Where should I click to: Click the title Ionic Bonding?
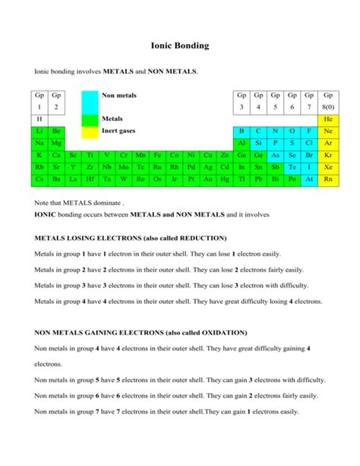pyautogui.click(x=179, y=46)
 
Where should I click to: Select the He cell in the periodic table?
pyautogui.click(x=328, y=119)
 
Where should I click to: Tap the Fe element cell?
pyautogui.click(x=156, y=155)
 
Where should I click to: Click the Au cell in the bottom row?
pyautogui.click(x=207, y=179)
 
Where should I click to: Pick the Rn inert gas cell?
pyautogui.click(x=328, y=179)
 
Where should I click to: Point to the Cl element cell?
pyautogui.click(x=308, y=143)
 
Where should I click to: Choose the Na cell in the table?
pyautogui.click(x=39, y=143)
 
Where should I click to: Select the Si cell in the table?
pyautogui.click(x=258, y=143)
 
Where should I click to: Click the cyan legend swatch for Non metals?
pyautogui.click(x=89, y=102)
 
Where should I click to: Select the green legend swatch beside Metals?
pyautogui.click(x=89, y=119)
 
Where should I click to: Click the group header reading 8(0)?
pyautogui.click(x=328, y=108)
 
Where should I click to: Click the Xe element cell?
pyautogui.click(x=328, y=166)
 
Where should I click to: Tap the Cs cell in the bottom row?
pyautogui.click(x=39, y=179)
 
